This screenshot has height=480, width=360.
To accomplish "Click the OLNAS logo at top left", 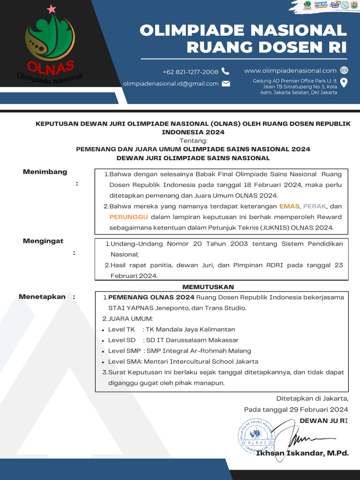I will [49, 45].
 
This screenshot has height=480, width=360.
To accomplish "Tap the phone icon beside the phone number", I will [225, 71].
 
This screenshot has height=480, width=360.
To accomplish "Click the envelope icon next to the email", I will [226, 83].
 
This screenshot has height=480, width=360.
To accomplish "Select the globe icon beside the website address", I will [344, 70].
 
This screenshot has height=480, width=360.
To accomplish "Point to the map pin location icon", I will [344, 83].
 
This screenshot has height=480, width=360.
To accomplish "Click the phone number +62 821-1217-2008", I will [190, 72].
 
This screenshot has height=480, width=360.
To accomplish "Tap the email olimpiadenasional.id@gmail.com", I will [171, 84].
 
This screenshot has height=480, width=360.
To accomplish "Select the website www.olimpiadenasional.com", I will [290, 70].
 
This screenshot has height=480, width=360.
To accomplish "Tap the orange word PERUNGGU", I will [128, 217].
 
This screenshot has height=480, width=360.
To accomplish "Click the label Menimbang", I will [45, 172].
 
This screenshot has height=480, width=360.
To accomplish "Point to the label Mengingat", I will [43, 241].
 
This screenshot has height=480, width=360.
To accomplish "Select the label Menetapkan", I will [42, 297].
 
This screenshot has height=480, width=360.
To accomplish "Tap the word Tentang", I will [193, 141].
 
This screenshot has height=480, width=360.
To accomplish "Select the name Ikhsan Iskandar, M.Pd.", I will [302, 453].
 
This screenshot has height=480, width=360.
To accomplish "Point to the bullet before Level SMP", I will [103, 351].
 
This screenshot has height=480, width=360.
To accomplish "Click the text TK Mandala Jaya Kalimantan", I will [190, 330].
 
